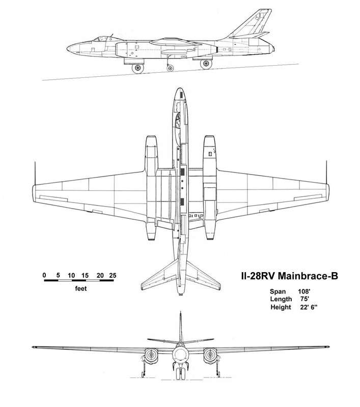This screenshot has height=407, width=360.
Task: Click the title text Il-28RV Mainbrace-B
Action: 290,276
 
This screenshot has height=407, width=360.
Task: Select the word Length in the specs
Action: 281,299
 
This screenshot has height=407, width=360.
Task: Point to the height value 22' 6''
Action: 309,307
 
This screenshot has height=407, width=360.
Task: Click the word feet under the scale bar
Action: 81,288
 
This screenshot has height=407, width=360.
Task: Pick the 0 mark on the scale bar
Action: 44,275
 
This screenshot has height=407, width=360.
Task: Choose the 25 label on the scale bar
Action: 113,275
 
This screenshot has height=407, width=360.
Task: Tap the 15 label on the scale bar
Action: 85,275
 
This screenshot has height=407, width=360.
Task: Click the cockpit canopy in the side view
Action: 101,39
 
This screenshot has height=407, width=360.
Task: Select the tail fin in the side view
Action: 253,24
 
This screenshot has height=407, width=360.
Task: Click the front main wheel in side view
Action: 137,69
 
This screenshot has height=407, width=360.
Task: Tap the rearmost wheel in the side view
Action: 206,64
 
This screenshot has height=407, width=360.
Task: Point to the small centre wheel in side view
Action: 170,68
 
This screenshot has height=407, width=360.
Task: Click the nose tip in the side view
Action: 67,48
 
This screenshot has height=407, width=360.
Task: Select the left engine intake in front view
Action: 150,355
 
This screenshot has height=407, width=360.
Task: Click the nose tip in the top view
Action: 179,88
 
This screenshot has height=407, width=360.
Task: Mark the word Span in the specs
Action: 278,292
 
